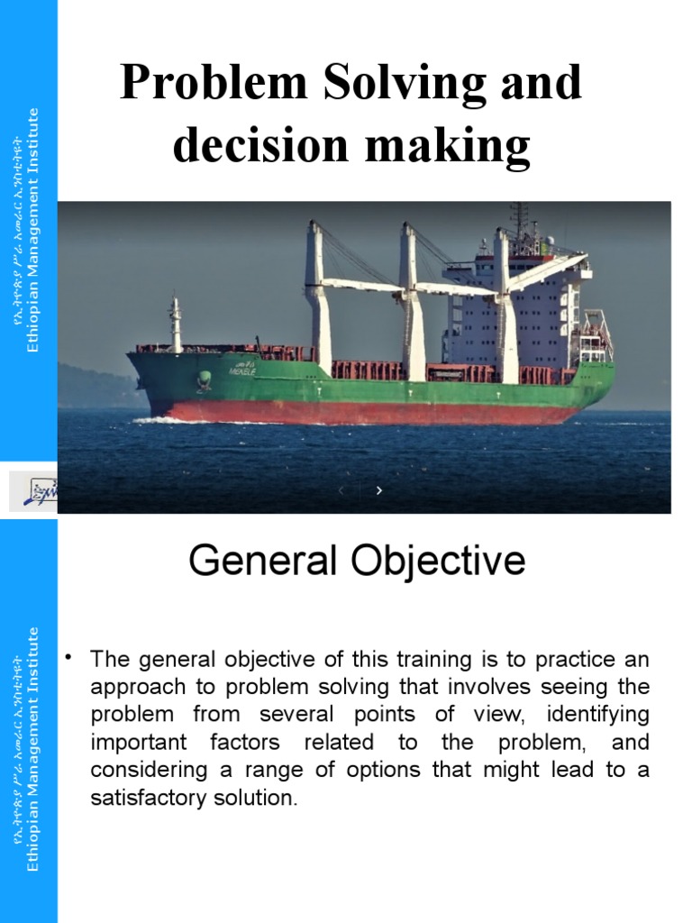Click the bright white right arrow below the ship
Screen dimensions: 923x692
[379, 490]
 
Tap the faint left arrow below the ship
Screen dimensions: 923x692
[341, 490]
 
